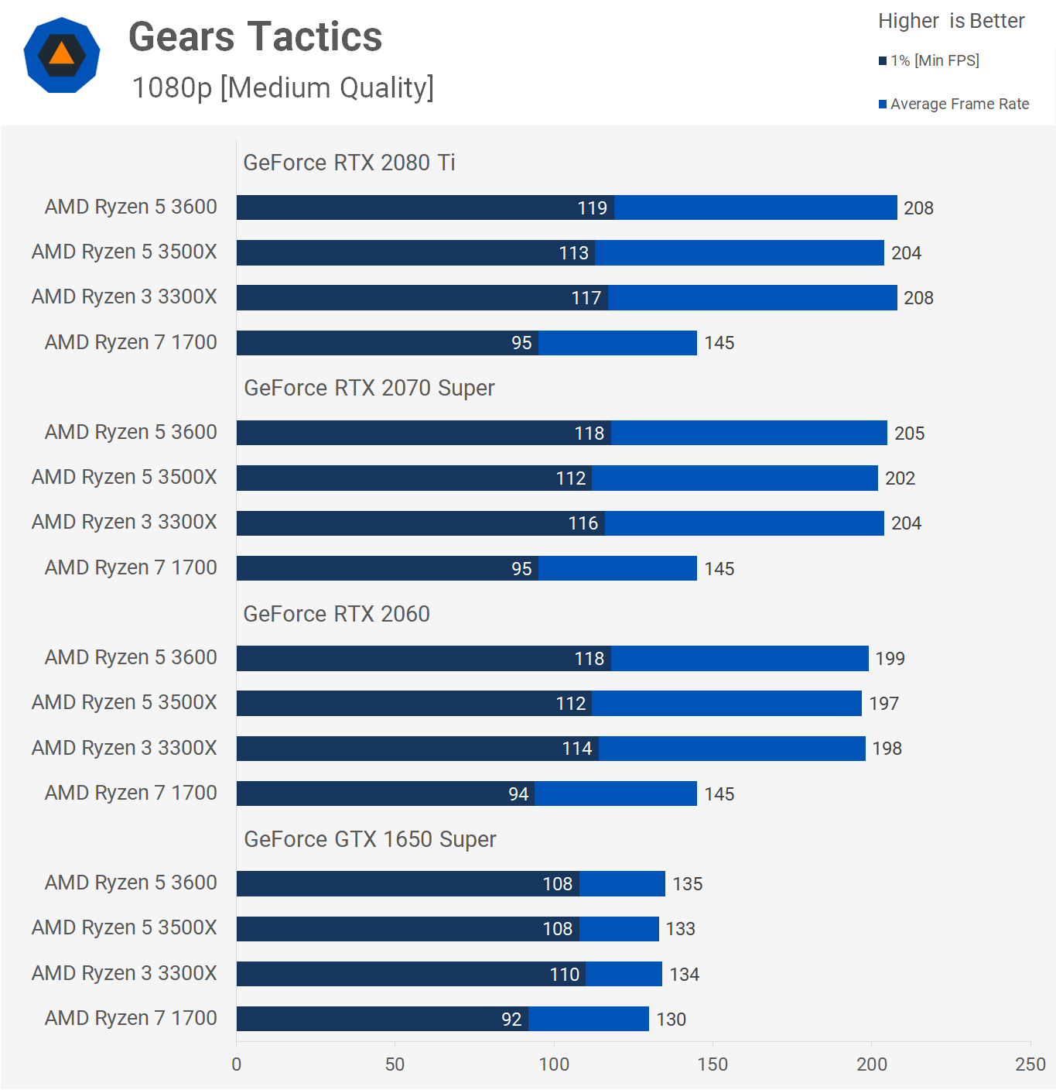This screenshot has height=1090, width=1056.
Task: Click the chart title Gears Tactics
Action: coord(255,37)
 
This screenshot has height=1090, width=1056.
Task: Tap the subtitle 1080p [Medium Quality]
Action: coord(282,87)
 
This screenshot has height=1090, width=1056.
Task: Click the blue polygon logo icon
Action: coord(62,55)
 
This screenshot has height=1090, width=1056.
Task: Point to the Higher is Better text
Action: coord(951,21)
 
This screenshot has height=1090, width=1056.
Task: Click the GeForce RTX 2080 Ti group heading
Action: coord(349,163)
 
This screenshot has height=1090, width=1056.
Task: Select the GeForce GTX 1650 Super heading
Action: coord(370,839)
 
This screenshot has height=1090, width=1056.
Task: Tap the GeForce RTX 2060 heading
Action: coord(337,614)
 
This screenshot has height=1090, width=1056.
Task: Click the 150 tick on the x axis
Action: coord(713,1064)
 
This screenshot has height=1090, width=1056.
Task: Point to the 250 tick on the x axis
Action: coord(1030,1064)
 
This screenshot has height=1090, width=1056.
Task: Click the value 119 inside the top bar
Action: coord(592,208)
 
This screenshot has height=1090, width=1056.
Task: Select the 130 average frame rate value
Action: coord(671,1020)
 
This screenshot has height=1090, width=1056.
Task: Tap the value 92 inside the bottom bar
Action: coord(511,1020)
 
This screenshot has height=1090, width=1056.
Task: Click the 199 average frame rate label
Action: coord(890,659)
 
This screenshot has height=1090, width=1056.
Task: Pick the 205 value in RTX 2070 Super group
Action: coord(909,434)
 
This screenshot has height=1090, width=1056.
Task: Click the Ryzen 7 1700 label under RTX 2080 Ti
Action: coord(131,342)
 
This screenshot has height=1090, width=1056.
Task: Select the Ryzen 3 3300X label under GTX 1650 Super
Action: coord(125,973)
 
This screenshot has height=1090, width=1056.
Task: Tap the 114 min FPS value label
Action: coord(577,749)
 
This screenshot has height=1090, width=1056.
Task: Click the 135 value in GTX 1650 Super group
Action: coord(687,884)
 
